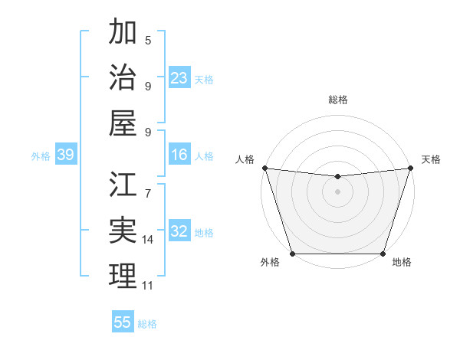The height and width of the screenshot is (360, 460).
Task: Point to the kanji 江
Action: point(123,185)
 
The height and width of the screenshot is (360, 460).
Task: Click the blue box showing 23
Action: point(179,77)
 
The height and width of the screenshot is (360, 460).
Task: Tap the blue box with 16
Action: point(179,155)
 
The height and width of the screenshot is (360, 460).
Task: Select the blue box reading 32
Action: point(179,232)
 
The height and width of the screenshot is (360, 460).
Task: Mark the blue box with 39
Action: point(65,155)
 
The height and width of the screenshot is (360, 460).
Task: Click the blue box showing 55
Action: point(123,322)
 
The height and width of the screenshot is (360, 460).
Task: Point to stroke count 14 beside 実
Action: point(148,240)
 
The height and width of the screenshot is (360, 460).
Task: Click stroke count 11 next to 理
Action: point(148,286)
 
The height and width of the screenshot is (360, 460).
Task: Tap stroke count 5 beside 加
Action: point(148,41)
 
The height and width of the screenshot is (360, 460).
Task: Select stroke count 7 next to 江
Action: point(148,185)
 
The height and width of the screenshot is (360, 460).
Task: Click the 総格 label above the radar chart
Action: point(338,100)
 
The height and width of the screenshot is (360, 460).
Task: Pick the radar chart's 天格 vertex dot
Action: point(410,168)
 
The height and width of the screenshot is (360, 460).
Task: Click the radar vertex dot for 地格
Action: point(383,254)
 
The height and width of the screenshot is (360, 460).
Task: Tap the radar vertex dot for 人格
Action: point(264,168)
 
